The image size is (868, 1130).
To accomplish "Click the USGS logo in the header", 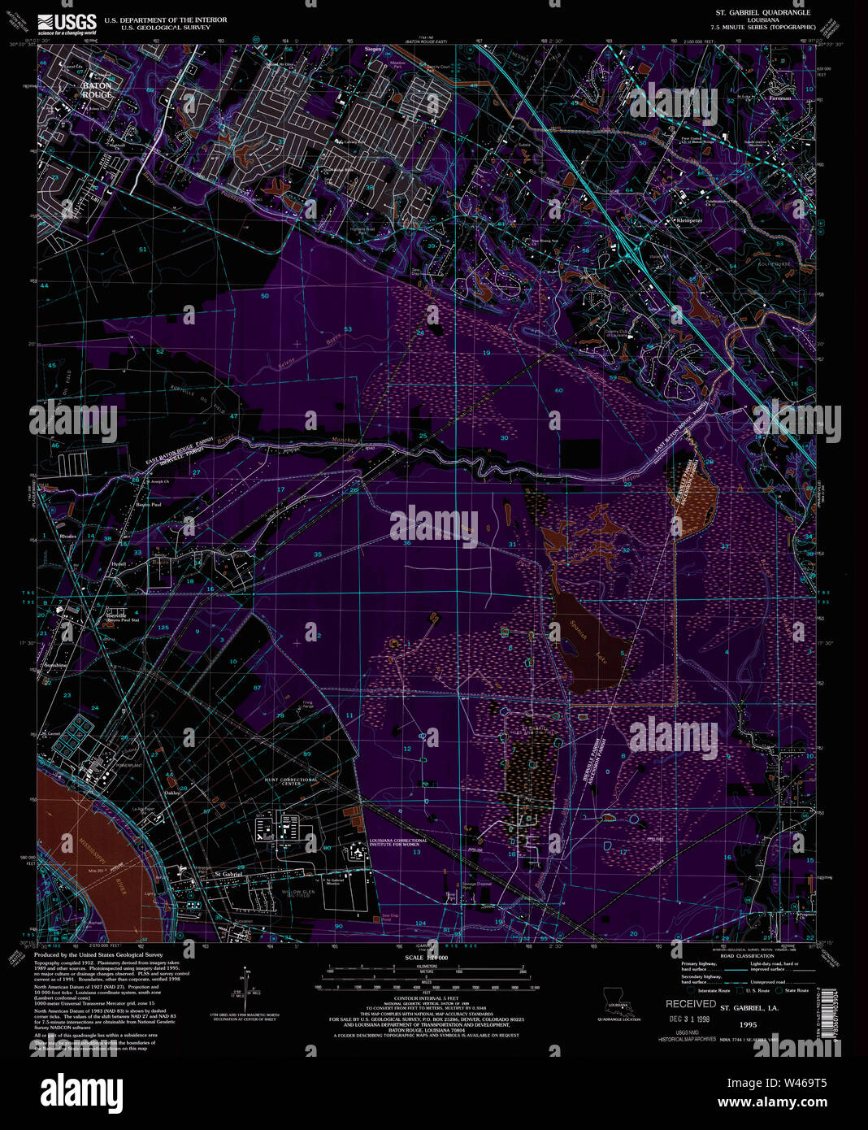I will [67, 23].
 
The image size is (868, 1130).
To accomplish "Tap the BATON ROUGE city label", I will [97, 89].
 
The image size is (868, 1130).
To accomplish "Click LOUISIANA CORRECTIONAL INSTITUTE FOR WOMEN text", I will [397, 843].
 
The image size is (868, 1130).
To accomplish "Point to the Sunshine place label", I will [51, 664].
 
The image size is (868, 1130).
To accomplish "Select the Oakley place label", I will [171, 793].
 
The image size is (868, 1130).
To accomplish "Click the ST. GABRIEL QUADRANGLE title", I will [751, 13].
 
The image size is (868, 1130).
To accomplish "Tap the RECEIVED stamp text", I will [691, 1004].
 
